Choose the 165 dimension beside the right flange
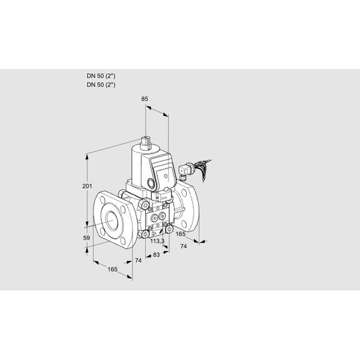180,233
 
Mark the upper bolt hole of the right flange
187,191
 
